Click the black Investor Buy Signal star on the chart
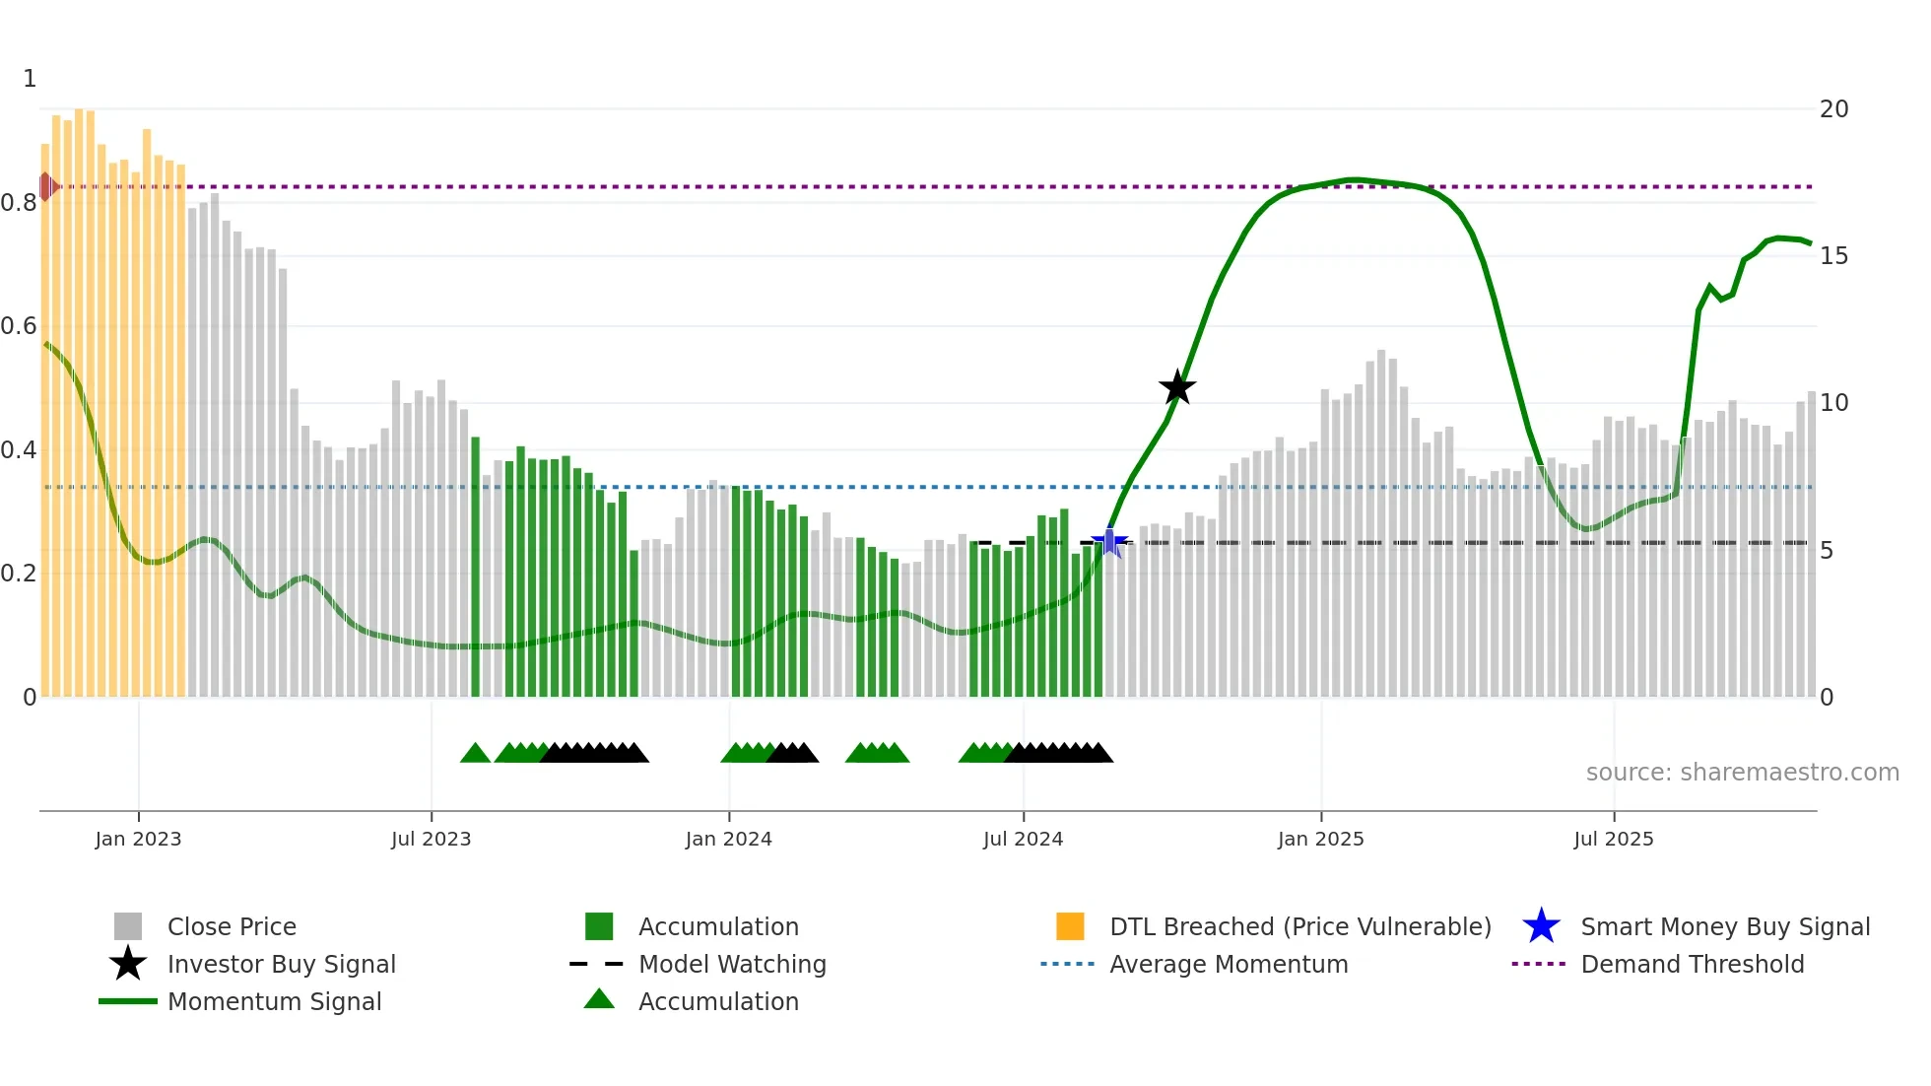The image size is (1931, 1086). (1176, 388)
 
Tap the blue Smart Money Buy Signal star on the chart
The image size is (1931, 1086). (1109, 542)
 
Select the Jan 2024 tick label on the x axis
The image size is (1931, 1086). (728, 839)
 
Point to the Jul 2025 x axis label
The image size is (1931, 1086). (1613, 839)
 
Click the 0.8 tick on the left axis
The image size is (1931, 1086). (19, 203)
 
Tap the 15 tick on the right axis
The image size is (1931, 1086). (1833, 256)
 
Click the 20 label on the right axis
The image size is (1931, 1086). (1833, 109)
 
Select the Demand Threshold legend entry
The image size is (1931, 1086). (1692, 964)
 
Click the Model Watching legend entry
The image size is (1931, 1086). (731, 964)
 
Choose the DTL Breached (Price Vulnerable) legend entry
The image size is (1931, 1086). (1299, 926)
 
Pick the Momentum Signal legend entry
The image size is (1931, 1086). (274, 1001)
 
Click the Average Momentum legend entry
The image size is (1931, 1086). (1228, 964)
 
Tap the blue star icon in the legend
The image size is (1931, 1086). (1541, 926)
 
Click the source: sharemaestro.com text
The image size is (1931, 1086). (1742, 773)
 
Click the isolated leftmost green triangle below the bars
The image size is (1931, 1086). (475, 754)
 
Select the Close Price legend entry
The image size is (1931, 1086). (232, 926)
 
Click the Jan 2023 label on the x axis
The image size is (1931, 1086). (138, 839)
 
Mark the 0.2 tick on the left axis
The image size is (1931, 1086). (19, 574)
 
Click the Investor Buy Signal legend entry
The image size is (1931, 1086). (281, 964)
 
